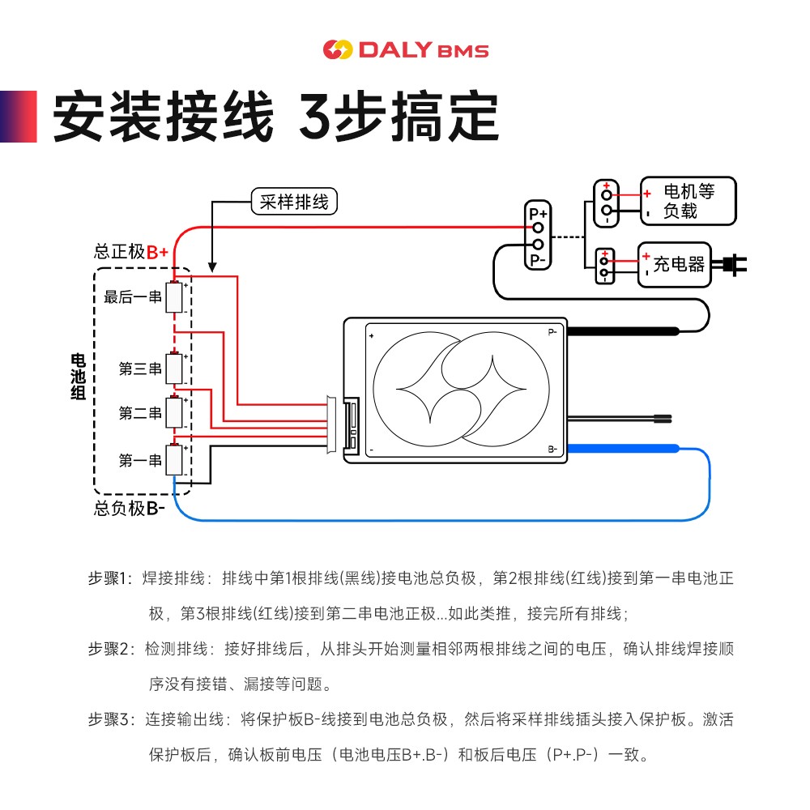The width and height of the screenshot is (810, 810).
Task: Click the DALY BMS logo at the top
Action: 405,50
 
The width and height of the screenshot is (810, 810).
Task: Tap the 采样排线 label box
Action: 294,202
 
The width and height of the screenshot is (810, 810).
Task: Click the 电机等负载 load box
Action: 688,201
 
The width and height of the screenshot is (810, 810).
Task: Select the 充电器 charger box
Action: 674,265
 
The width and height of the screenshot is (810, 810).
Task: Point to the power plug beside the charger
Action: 732,264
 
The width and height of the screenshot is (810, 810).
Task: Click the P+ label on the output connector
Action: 538,215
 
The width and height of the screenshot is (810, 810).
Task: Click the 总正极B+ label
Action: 130,252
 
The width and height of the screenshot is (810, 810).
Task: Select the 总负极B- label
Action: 130,509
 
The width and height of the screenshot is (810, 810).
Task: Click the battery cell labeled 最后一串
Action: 174,297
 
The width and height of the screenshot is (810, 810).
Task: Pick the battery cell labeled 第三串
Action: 174,369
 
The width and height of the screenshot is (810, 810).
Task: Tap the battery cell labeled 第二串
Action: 174,413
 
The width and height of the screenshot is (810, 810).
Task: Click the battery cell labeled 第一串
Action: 174,460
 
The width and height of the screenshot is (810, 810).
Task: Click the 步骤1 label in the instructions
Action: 109,579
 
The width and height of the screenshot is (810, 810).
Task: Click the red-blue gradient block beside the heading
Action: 19,116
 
